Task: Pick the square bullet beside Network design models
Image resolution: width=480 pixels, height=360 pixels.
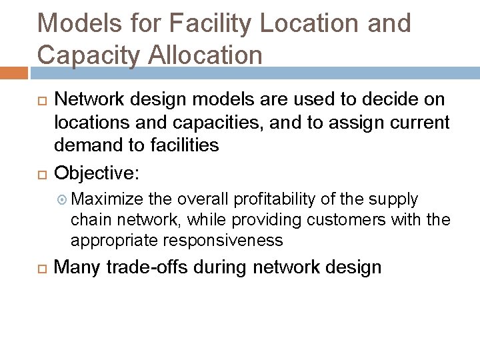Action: pyautogui.click(x=41, y=101)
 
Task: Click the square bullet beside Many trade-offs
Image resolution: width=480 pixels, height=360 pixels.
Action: pyautogui.click(x=41, y=269)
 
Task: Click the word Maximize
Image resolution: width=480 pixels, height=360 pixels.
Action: pyautogui.click(x=107, y=199)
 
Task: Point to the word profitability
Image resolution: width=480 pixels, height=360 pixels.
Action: pyautogui.click(x=271, y=199)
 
